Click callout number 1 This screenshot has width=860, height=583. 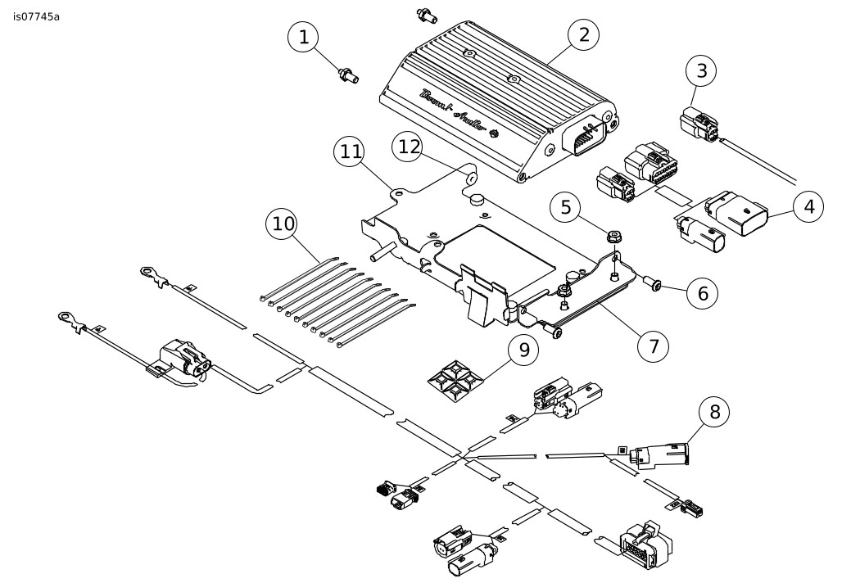pos(305,38)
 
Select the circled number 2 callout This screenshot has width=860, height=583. pos(584,34)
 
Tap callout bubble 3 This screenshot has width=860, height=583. pos(701,70)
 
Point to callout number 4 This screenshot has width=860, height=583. pos(809,206)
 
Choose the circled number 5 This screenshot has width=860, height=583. pos(564,207)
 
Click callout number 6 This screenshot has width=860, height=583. pos(702,291)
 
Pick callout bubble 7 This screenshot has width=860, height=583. pos(653,346)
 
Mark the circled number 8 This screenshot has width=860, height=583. pos(715,412)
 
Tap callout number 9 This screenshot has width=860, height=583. pos(523,350)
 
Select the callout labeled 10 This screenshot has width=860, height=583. pos(283,224)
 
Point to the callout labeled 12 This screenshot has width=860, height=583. pos(409,146)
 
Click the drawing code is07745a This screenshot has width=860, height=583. pos(36,16)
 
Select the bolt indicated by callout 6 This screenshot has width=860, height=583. pos(655,285)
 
